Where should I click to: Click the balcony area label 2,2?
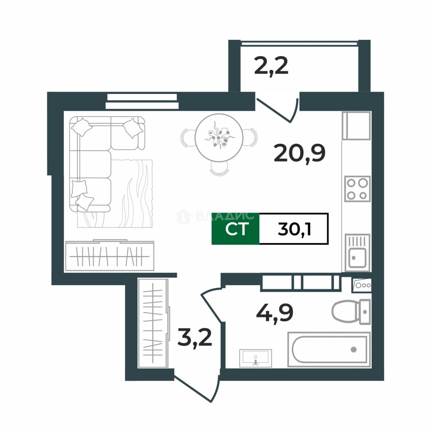click(x=271, y=66)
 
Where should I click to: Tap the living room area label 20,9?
click(x=299, y=154)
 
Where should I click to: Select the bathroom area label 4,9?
click(x=274, y=313)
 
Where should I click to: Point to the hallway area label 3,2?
click(x=195, y=338)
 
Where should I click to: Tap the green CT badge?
click(x=235, y=229)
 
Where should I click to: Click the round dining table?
click(x=219, y=138)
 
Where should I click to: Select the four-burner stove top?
click(x=357, y=189)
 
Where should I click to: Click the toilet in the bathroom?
click(x=351, y=312)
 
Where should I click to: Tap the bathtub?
click(x=329, y=350)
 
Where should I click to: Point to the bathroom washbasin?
click(x=255, y=358)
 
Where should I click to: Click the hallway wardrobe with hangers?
click(x=153, y=323)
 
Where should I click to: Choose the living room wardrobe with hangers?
click(x=110, y=256)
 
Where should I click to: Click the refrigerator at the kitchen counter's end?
click(x=356, y=125)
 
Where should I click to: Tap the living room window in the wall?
click(x=142, y=102)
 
